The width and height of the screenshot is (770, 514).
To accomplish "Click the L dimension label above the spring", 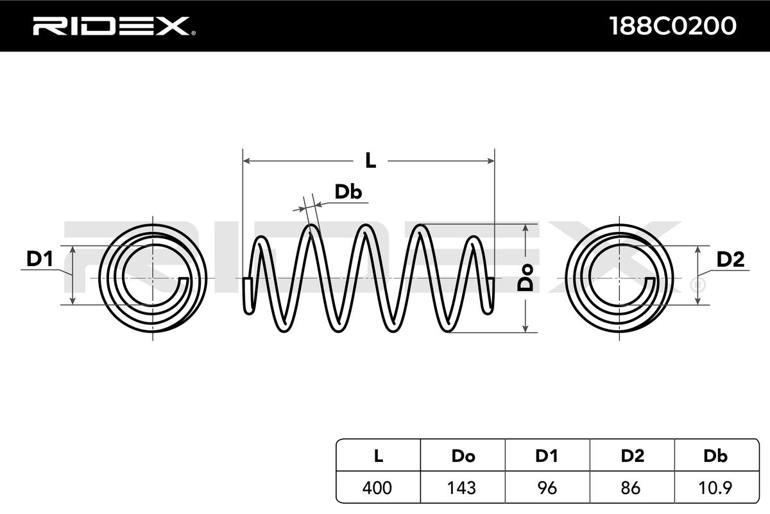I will (370, 161).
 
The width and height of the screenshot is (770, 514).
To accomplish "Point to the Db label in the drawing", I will (348, 191).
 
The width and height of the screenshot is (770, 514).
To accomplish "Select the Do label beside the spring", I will (526, 278).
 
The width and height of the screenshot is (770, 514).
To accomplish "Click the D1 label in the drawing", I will (39, 259).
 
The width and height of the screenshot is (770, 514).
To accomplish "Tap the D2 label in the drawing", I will (730, 259).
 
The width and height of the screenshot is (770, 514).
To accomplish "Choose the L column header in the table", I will (379, 456).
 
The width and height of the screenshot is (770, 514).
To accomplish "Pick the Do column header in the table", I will (463, 456).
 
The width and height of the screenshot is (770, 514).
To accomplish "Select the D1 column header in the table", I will (547, 456).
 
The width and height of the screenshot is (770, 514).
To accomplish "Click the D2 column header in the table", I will (632, 456).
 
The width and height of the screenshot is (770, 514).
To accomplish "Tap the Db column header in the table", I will (715, 456).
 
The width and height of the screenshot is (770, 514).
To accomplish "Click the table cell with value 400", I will (379, 488).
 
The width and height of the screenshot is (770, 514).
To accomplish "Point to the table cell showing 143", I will (463, 488).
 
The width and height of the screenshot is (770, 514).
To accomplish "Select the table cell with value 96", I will (547, 488).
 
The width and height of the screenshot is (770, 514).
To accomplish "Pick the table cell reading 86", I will (632, 488).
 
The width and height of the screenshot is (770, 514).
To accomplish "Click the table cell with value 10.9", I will (715, 488).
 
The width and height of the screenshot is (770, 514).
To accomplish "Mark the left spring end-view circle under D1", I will (153, 278).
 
